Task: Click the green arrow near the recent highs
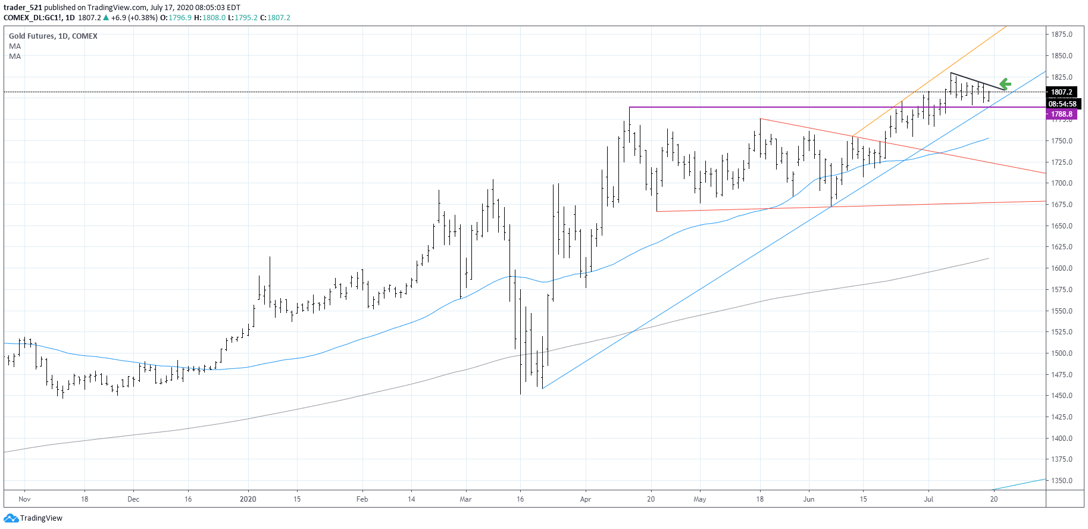(1005, 84)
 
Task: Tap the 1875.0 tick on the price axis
(1061, 35)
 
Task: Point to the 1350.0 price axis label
(1061, 481)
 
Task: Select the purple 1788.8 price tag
(1061, 114)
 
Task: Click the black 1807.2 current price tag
(1061, 92)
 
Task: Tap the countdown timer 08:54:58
(1062, 104)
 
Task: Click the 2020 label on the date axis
(248, 499)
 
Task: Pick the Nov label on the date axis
(24, 499)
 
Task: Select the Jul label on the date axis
(928, 499)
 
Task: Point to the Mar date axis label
(465, 499)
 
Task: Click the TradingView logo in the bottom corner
(33, 518)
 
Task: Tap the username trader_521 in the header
(23, 8)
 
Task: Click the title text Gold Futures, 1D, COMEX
(53, 36)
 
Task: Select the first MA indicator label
(15, 46)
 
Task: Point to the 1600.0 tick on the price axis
(1061, 268)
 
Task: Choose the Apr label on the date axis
(586, 499)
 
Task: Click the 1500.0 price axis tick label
(1061, 353)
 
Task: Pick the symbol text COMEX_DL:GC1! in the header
(32, 18)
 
